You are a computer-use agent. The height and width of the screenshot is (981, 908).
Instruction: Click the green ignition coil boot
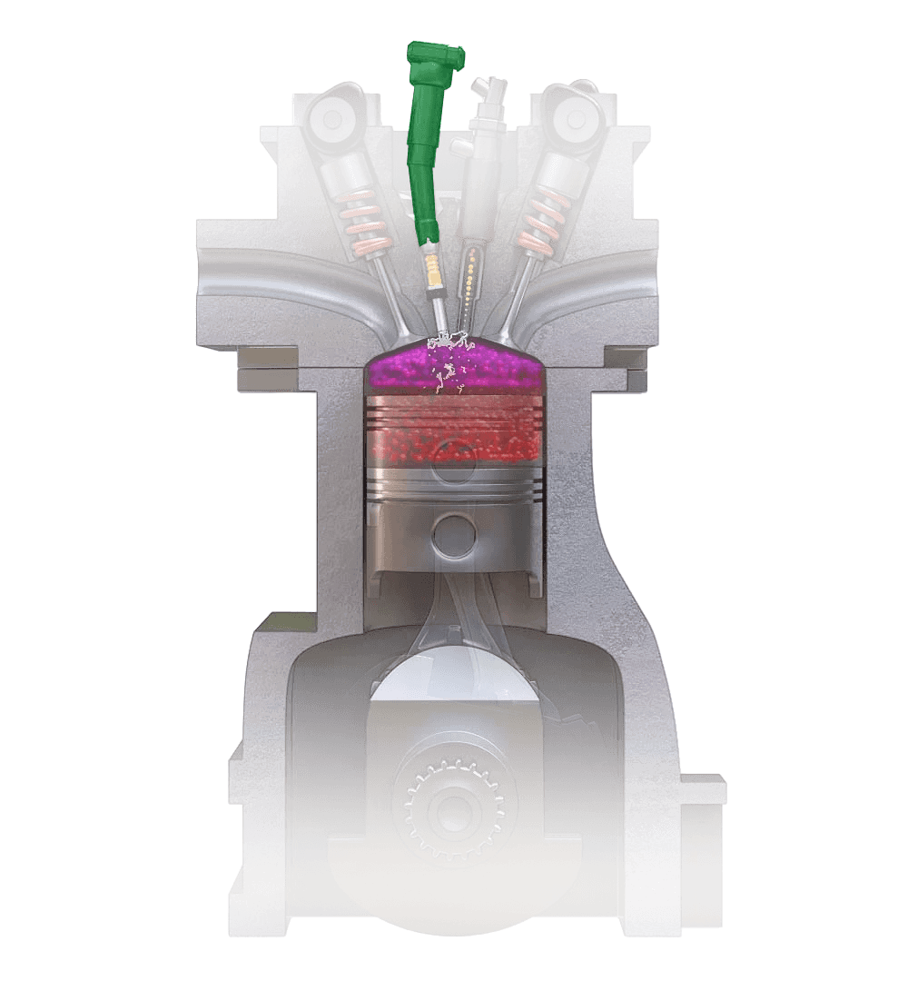(427, 136)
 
